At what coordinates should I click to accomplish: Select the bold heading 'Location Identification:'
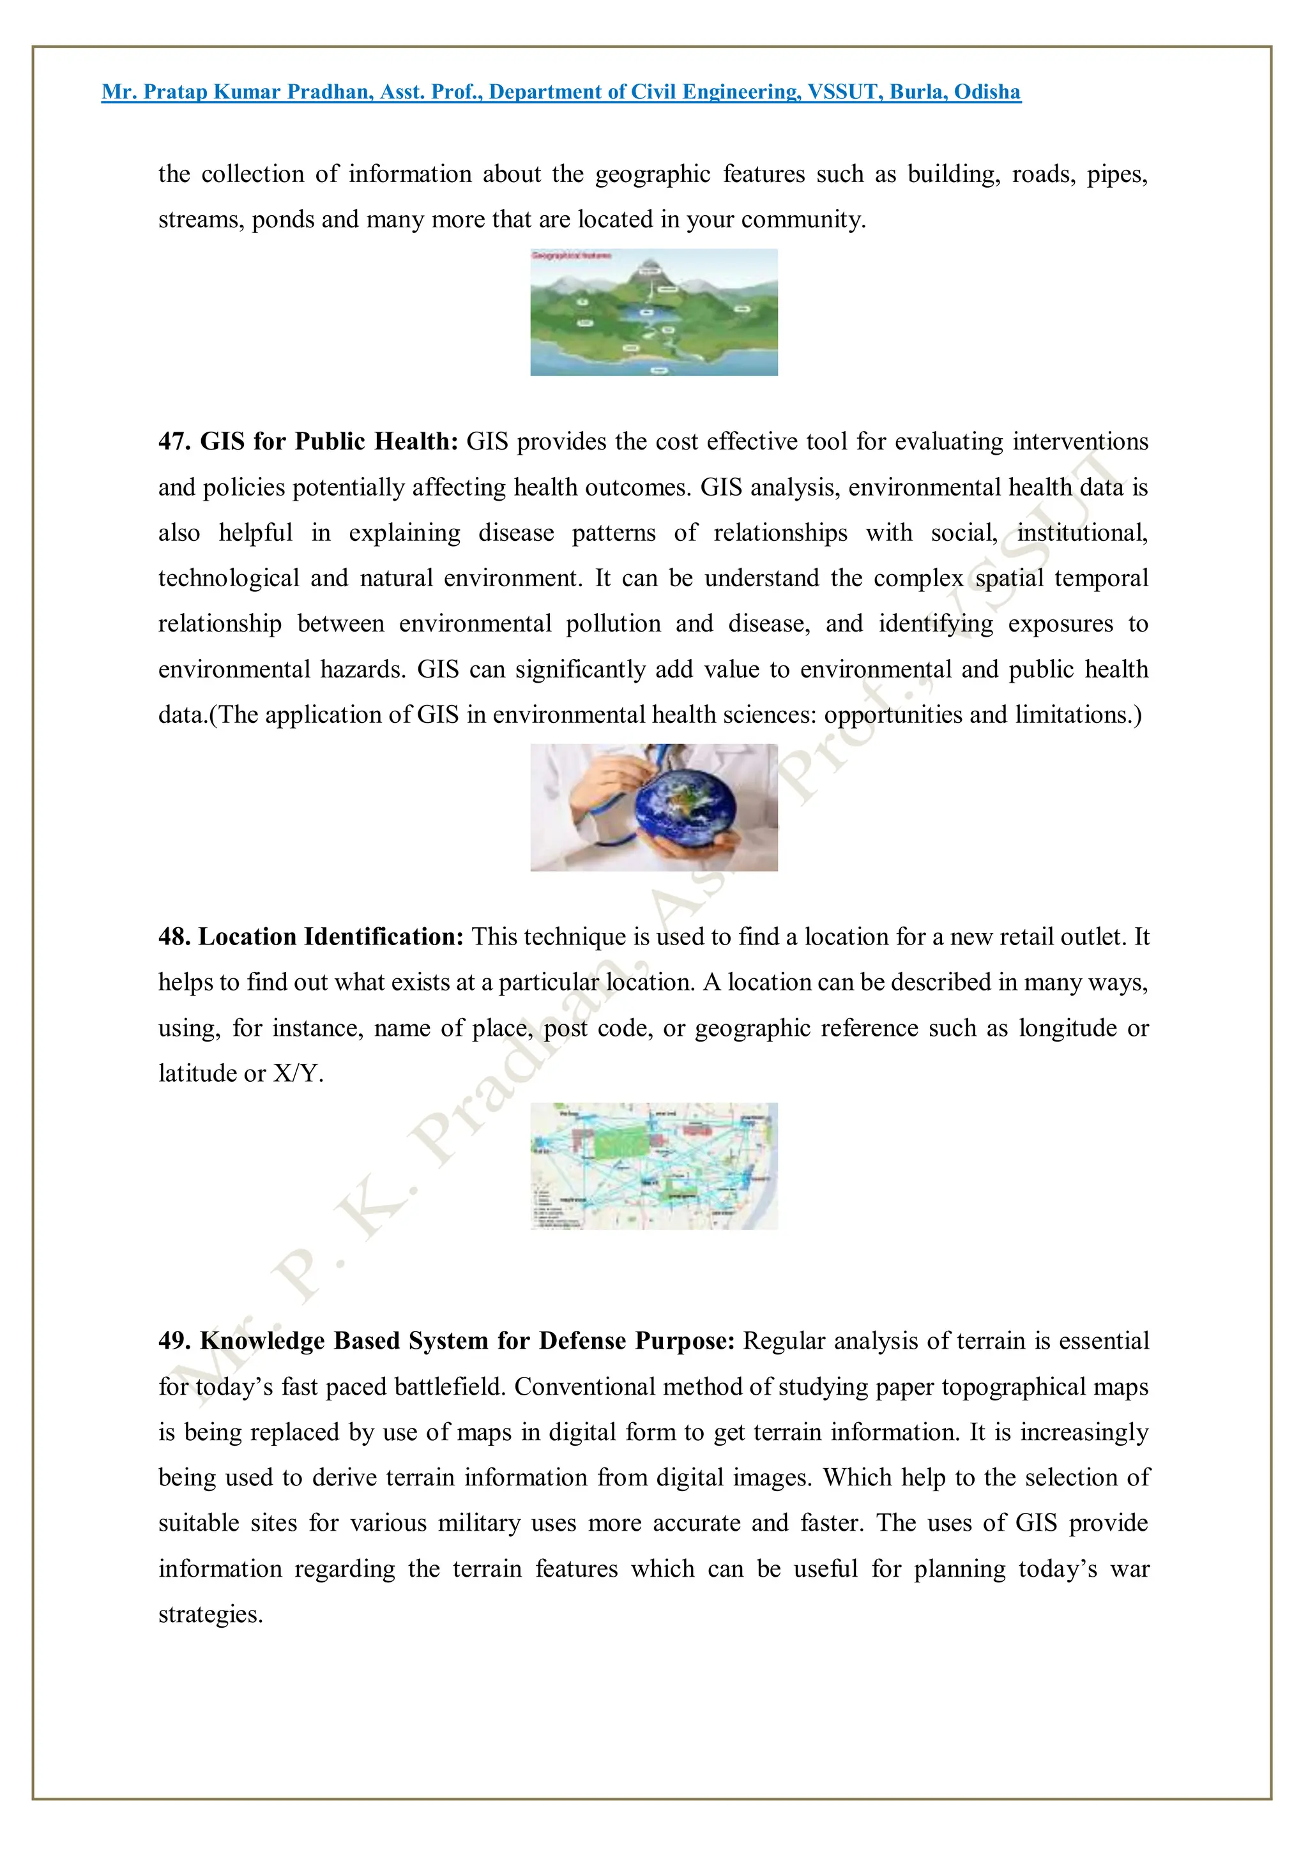click(331, 937)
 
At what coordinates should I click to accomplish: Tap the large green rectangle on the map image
click(618, 1142)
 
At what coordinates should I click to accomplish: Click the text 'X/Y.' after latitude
click(298, 1074)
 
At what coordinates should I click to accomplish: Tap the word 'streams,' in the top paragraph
click(201, 219)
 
